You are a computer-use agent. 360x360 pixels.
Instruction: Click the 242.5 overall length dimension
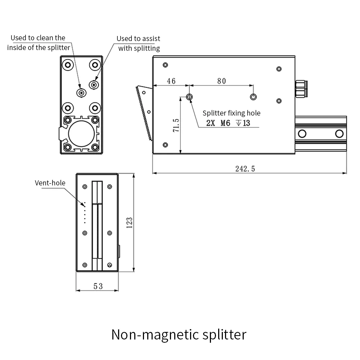(x=245, y=168)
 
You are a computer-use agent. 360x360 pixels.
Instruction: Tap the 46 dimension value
(x=171, y=81)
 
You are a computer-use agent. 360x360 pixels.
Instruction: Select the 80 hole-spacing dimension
(x=221, y=81)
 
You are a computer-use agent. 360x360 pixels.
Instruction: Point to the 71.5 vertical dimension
(x=176, y=124)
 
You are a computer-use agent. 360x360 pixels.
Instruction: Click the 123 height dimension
(x=130, y=222)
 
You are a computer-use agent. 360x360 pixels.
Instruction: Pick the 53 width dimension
(x=98, y=286)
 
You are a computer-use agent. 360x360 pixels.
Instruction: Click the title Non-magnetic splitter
(x=179, y=334)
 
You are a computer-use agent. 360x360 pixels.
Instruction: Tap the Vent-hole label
(x=50, y=183)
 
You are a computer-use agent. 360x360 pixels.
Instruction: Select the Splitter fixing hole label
(x=231, y=113)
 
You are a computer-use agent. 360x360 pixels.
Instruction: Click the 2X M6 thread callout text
(x=228, y=123)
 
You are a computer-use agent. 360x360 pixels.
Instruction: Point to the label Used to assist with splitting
(x=139, y=43)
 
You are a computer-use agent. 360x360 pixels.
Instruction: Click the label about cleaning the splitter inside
(x=39, y=42)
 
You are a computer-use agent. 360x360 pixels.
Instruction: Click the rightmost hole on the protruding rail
(x=339, y=134)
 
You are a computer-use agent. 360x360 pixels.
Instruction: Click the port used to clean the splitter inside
(x=82, y=93)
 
